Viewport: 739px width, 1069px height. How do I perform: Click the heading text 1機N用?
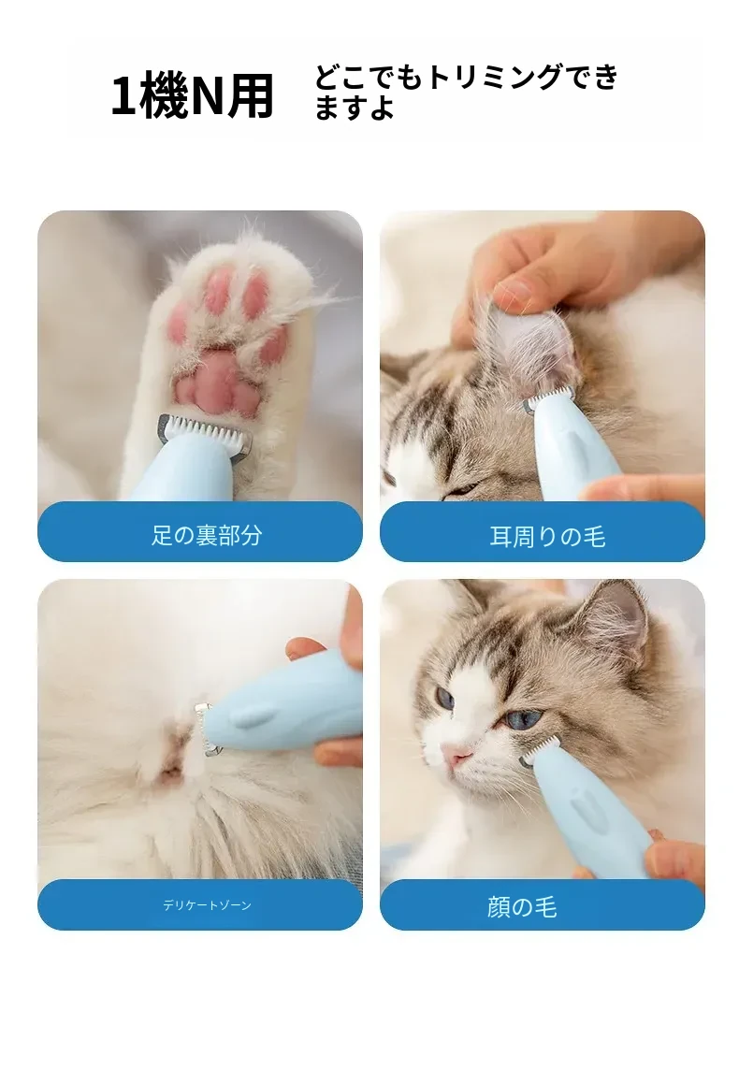pyautogui.click(x=193, y=96)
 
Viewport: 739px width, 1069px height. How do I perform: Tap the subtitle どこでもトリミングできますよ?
pyautogui.click(x=466, y=92)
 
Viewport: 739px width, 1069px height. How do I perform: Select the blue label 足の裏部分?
pyautogui.click(x=200, y=532)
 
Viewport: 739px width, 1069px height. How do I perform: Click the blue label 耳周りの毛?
pyautogui.click(x=542, y=532)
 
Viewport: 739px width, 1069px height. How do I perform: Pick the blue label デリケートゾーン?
pyautogui.click(x=200, y=904)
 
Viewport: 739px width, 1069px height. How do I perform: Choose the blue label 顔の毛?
pyautogui.click(x=542, y=904)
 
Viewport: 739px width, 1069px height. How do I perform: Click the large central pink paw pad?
pyautogui.click(x=218, y=386)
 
